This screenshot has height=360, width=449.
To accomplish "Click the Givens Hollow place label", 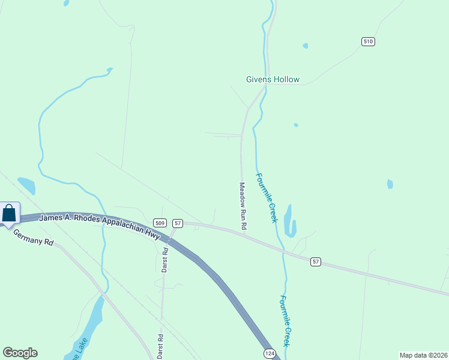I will pyautogui.click(x=273, y=79).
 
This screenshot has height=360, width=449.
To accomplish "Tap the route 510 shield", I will pyautogui.click(x=368, y=41).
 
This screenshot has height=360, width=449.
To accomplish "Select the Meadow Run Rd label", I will pyautogui.click(x=243, y=206).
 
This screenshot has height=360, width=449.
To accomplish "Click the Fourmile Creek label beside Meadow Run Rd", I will pyautogui.click(x=267, y=198).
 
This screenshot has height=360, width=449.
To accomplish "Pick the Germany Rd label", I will pyautogui.click(x=33, y=238).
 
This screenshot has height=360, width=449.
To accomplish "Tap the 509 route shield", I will pyautogui.click(x=159, y=223).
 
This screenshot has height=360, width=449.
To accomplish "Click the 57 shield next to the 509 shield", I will pyautogui.click(x=177, y=223).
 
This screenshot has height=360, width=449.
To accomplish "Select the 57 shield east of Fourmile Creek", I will pyautogui.click(x=316, y=262).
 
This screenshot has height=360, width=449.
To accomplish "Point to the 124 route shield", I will pyautogui.click(x=270, y=354).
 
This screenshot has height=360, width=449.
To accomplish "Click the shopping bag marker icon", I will pyautogui.click(x=9, y=214).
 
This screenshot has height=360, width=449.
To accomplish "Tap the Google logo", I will pyautogui.click(x=20, y=353).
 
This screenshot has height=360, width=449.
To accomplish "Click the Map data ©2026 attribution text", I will pyautogui.click(x=423, y=355).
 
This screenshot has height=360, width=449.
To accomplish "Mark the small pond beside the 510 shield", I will pyautogui.click(x=306, y=46).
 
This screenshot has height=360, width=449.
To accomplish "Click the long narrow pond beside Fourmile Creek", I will pyautogui.click(x=290, y=221).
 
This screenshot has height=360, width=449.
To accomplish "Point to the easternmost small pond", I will pyautogui.click(x=390, y=184).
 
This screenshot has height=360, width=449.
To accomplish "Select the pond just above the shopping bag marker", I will pyautogui.click(x=26, y=185).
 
